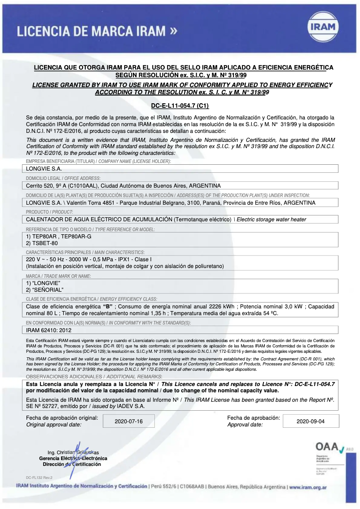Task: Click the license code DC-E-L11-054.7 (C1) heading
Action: (x=180, y=106)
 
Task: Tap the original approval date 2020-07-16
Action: (x=128, y=421)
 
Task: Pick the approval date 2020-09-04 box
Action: (x=311, y=421)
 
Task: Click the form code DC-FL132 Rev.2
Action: (x=39, y=478)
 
